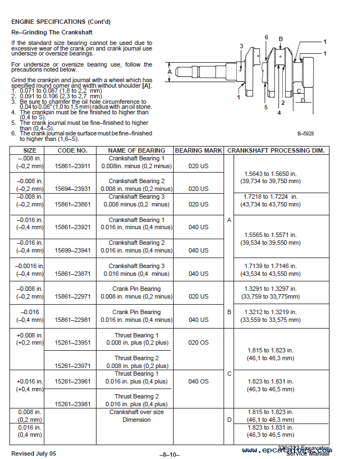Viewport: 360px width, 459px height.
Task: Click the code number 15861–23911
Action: pos(73,165)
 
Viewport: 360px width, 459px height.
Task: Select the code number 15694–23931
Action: pos(73,189)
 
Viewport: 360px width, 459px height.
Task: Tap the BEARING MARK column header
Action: pos(198,150)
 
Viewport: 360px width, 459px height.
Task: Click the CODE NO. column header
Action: pos(73,150)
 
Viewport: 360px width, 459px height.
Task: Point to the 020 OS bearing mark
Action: pos(198,342)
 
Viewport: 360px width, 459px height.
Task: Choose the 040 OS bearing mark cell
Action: pos(198,381)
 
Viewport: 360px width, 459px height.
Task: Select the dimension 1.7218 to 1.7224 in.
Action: pos(271,196)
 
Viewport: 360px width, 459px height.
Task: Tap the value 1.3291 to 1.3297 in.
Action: pos(271,289)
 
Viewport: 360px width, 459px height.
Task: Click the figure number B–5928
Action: pos(306,134)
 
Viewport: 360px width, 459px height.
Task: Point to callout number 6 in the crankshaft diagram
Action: pos(266,37)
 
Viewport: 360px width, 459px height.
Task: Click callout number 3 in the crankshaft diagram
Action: pos(241,46)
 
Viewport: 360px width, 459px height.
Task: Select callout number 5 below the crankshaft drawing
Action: pos(266,107)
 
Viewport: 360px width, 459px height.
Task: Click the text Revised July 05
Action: pos(33,453)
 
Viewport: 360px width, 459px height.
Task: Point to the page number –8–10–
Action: pos(169,454)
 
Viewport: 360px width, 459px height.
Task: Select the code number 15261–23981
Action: pos(73,404)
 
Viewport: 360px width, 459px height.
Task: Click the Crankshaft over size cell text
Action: pos(136,412)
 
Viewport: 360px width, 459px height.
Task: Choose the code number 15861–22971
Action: pos(73,296)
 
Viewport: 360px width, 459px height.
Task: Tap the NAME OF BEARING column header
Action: pos(136,150)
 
